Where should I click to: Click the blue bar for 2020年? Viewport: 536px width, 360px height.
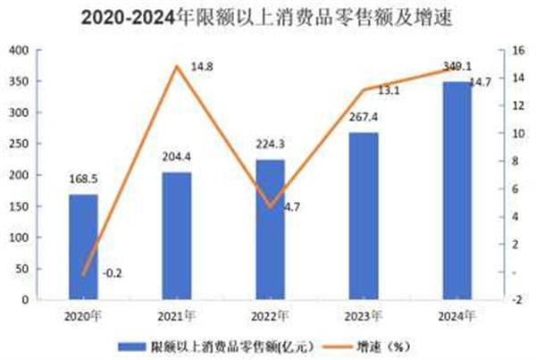point(83,247)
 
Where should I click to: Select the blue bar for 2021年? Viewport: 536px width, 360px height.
point(177,236)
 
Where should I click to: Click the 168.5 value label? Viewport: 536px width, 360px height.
point(83,179)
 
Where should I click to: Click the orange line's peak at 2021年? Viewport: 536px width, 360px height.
point(177,66)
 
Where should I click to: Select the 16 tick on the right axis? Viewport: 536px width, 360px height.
point(515,51)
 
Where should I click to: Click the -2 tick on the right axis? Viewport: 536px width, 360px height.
point(515,300)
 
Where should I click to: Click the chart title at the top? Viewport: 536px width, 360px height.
point(268,15)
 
